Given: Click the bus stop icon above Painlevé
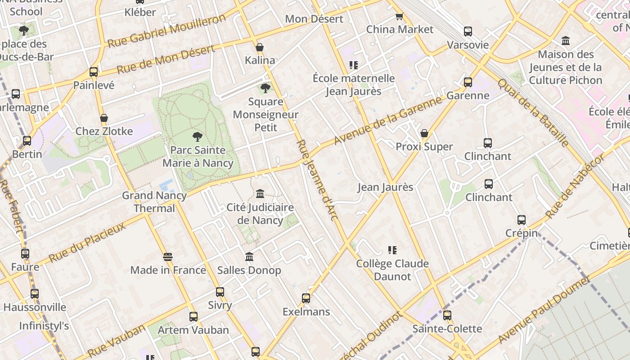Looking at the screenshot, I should (94, 72).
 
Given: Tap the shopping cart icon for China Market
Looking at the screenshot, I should (399, 17).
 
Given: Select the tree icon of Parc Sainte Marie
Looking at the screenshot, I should (197, 137).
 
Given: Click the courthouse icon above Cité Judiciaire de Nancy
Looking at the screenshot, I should (260, 194).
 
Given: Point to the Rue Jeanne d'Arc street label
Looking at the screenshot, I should (317, 180).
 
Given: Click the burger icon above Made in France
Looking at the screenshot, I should (168, 257).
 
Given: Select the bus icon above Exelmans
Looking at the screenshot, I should (306, 298).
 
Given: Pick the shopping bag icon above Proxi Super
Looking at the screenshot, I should (424, 133).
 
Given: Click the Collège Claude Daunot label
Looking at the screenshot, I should (392, 270).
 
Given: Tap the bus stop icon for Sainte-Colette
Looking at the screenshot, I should (447, 315).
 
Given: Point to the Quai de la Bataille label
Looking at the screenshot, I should (533, 112).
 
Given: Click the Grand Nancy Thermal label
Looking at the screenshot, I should (154, 202).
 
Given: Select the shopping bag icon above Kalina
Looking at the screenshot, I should (260, 47).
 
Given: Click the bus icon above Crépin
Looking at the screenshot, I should (521, 220).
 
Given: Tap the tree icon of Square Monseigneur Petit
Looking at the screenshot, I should (265, 88).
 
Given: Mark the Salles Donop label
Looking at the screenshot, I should (249, 270).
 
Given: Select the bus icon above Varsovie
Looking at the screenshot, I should (468, 31).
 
